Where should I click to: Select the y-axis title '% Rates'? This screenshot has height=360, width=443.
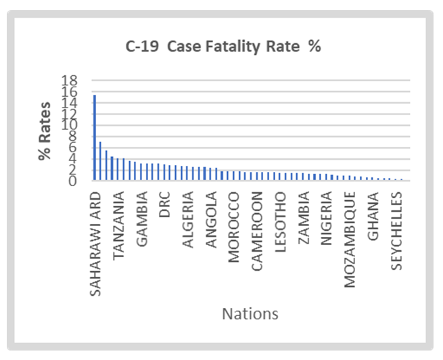(45, 131)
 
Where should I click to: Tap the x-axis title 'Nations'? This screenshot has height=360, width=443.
(250, 314)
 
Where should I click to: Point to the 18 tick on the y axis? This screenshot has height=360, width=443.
(70, 81)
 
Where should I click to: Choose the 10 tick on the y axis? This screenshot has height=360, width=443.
(70, 125)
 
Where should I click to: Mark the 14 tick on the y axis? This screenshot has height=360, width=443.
(70, 103)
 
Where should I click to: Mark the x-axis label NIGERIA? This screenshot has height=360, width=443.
(327, 218)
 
